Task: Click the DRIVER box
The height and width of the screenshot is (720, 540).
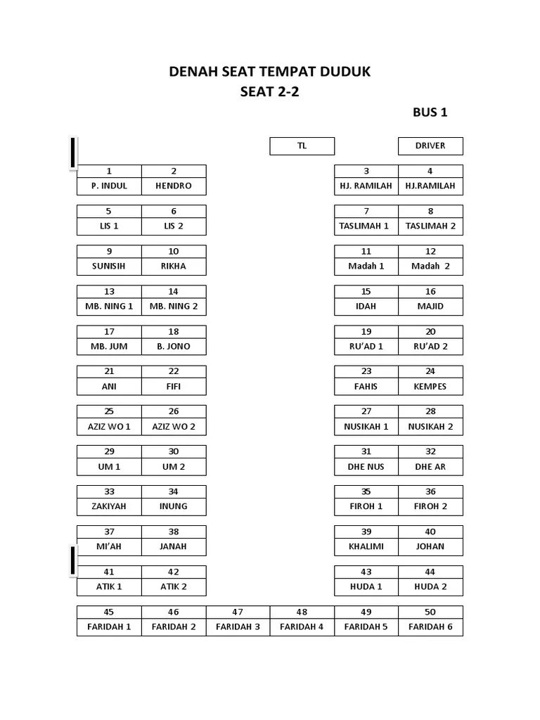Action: (430, 146)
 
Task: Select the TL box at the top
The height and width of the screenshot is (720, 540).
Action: (302, 146)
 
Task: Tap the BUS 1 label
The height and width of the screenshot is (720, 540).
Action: (430, 112)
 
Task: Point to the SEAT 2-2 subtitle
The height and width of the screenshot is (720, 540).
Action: (269, 91)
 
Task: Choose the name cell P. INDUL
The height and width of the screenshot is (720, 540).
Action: (109, 186)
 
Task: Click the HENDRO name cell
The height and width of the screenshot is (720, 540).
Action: (174, 186)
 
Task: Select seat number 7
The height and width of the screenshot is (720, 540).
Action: (366, 211)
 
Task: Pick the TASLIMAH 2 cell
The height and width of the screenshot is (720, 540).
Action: (430, 226)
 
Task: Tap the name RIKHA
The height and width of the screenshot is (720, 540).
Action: (174, 266)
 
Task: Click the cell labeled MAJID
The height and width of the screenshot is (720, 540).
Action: (430, 307)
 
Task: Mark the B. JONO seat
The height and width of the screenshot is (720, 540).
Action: (174, 347)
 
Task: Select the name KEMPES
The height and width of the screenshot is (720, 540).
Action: (430, 387)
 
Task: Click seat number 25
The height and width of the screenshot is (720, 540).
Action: (109, 411)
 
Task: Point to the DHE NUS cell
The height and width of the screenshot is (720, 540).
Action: (366, 467)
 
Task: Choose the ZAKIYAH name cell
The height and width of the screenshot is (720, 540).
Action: (109, 506)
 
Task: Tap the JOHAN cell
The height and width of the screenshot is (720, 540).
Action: (430, 546)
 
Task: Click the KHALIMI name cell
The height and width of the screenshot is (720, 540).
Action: (366, 546)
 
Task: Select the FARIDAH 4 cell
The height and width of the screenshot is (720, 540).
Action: (302, 627)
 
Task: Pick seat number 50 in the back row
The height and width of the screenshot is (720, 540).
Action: (430, 612)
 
